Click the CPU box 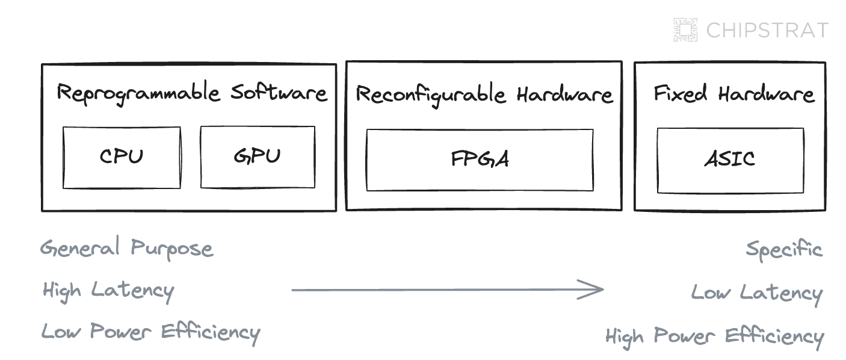pyautogui.click(x=122, y=157)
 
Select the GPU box pyautogui.click(x=257, y=157)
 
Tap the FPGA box pyautogui.click(x=480, y=160)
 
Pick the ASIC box pyautogui.click(x=730, y=160)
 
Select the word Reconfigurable pyautogui.click(x=430, y=96)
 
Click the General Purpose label pyautogui.click(x=126, y=249)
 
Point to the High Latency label pyautogui.click(x=108, y=291)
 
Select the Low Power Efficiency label pyautogui.click(x=150, y=332)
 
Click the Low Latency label pyautogui.click(x=756, y=293)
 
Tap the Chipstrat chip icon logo pyautogui.click(x=685, y=29)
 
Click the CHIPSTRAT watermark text pyautogui.click(x=767, y=30)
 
